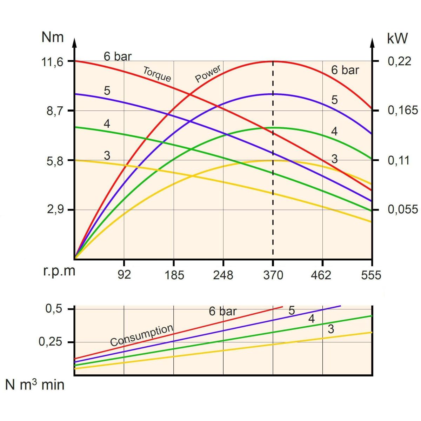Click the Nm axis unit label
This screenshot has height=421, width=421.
click(53, 37)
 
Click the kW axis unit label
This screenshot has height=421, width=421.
click(397, 38)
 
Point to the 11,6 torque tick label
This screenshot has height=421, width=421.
click(53, 62)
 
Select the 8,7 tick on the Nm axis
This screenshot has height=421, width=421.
click(54, 111)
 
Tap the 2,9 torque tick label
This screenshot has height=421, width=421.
click(54, 210)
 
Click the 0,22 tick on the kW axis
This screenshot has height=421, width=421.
click(399, 61)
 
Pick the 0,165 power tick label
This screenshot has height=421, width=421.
click(403, 111)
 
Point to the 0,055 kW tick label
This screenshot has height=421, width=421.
click(403, 209)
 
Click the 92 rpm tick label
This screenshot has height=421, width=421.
click(124, 275)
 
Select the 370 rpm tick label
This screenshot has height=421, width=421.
click(273, 275)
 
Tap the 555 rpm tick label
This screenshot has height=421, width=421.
click(371, 275)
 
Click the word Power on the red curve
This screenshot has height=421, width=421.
click(208, 74)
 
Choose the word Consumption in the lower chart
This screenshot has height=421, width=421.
click(142, 335)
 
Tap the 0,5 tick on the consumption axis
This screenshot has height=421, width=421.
click(54, 309)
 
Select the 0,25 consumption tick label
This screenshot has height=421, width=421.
click(51, 342)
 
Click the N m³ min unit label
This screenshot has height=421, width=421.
click(35, 385)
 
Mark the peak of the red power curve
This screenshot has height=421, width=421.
click(273, 61)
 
